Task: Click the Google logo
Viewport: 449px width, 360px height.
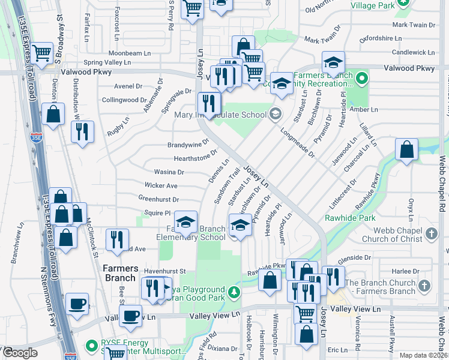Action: [x=19, y=353]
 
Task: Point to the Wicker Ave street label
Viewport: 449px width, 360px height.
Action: [x=161, y=185]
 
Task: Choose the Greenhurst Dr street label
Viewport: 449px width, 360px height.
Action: [x=158, y=199]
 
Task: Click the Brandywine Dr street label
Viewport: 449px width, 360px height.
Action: [x=188, y=144]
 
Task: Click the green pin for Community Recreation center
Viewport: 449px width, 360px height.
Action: [x=361, y=78]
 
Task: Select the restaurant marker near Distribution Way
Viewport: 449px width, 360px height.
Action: [x=82, y=131]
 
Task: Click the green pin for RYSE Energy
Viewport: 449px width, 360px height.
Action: [x=92, y=346]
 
